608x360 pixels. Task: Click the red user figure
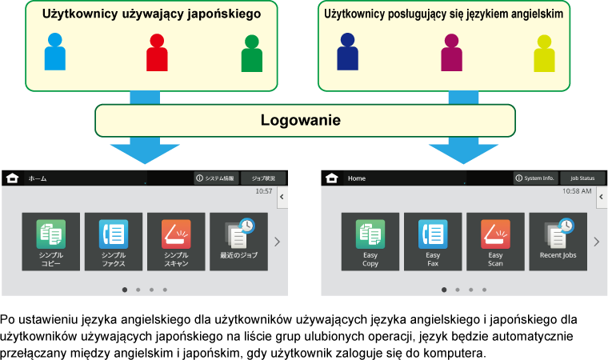(157, 53)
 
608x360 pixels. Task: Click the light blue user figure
(54, 53)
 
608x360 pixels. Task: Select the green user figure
(252, 54)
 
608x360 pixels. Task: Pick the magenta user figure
(451, 53)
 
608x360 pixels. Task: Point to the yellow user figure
(544, 54)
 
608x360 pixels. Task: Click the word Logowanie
(301, 121)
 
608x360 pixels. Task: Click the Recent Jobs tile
(558, 241)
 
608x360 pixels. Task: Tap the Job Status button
(582, 178)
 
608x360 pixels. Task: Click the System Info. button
(534, 178)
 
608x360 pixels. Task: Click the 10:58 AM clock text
(577, 192)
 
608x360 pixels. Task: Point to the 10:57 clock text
(263, 192)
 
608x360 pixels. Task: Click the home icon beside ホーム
(12, 178)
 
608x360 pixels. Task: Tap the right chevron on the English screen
(596, 242)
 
